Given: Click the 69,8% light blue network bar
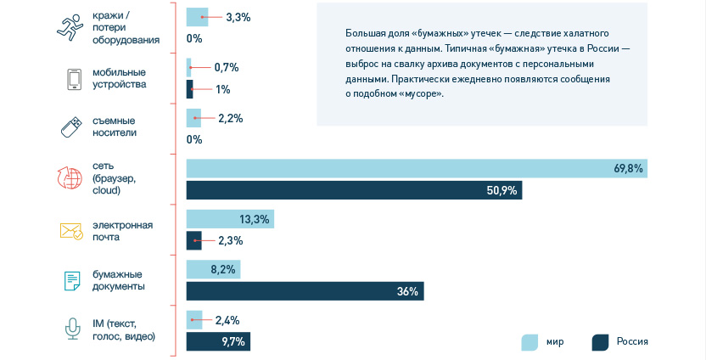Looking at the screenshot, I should click(416, 169).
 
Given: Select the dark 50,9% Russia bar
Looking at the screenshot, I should click(354, 190).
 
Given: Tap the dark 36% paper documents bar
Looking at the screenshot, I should click(305, 291).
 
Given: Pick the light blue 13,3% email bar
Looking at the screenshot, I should click(230, 220).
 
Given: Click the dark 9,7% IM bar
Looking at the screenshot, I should click(218, 341).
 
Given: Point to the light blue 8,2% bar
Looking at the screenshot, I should click(213, 270).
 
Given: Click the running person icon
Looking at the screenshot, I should click(71, 27).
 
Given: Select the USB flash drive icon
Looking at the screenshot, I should click(71, 127).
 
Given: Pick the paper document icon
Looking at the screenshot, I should click(72, 280).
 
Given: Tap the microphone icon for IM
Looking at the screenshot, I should click(73, 329).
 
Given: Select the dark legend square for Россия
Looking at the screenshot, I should click(601, 342).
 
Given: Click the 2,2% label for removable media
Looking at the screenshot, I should click(230, 119).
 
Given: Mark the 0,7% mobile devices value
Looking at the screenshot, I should click(227, 67).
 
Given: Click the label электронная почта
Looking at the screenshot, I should click(124, 231).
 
